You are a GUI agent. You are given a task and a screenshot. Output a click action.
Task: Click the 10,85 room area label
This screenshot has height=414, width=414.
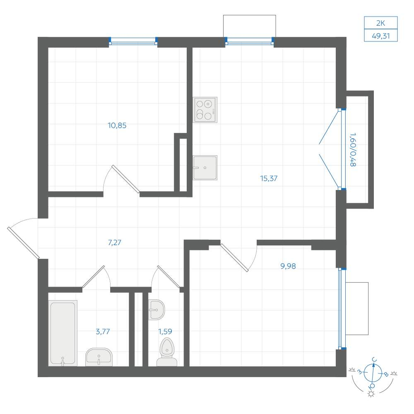(117, 125)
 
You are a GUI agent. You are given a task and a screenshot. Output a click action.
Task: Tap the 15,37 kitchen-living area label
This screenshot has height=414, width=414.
(269, 178)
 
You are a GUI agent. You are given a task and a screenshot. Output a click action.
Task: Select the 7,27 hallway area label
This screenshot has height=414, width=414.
(115, 242)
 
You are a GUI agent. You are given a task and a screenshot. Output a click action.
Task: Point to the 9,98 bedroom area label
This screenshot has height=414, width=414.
(288, 266)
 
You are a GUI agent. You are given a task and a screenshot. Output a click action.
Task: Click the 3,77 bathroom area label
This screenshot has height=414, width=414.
(103, 331)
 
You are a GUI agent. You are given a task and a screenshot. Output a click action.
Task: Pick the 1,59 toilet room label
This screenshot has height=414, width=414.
(165, 331)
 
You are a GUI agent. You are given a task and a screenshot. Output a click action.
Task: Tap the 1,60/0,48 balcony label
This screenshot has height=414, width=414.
(353, 150)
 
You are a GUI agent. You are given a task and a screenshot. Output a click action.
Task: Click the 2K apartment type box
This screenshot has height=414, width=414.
(381, 23)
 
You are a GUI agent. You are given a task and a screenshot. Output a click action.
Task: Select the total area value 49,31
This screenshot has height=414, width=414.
(381, 36)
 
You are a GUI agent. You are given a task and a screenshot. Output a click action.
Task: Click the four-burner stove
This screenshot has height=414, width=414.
(205, 110)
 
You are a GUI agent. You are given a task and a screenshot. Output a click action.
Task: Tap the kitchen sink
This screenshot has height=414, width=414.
(205, 168)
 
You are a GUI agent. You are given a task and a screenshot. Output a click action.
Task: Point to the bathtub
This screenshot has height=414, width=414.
(63, 333)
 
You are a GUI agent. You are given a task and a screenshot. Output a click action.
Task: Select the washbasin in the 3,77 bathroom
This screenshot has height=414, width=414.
(99, 357)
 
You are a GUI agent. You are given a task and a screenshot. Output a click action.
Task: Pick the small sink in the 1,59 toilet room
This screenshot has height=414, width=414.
(156, 310)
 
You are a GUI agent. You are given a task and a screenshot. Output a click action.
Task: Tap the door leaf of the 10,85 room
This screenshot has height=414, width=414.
(126, 179)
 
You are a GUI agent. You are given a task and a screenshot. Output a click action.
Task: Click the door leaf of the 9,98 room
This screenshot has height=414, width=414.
(234, 258)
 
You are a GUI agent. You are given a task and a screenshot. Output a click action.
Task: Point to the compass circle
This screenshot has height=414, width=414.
(373, 373)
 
